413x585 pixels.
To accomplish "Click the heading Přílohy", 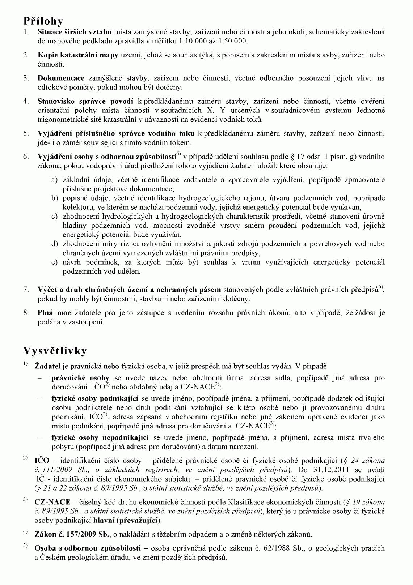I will (43, 21).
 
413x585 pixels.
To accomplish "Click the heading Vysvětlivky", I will (55, 351).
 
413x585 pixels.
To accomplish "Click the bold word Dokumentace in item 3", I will (61, 78).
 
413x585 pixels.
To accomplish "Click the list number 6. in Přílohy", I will (26, 157).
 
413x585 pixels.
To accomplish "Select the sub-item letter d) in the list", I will (54, 244).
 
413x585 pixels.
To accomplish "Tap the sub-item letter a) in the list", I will (54, 180).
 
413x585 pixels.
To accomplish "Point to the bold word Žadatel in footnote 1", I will (47, 366).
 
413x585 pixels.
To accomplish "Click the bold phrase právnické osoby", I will (78, 378).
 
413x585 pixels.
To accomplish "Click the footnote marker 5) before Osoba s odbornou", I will (25, 546).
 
